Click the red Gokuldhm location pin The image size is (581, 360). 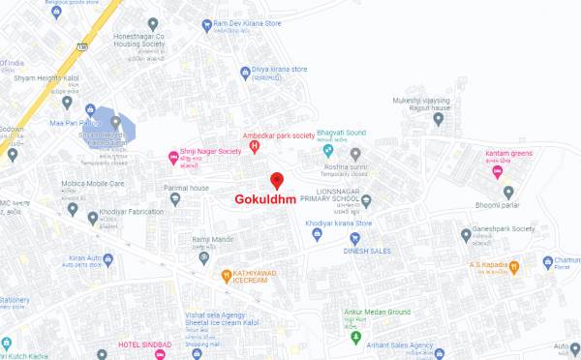(x=276, y=181)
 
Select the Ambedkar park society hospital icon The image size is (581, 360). (x=255, y=147)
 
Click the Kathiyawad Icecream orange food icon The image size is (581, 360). (x=227, y=274)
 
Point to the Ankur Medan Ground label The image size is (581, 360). (x=377, y=312)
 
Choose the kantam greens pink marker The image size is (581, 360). (x=498, y=172)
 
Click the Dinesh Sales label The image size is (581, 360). (x=364, y=250)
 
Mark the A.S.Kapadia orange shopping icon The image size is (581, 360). (x=515, y=265)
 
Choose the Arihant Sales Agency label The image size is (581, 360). (x=399, y=345)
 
